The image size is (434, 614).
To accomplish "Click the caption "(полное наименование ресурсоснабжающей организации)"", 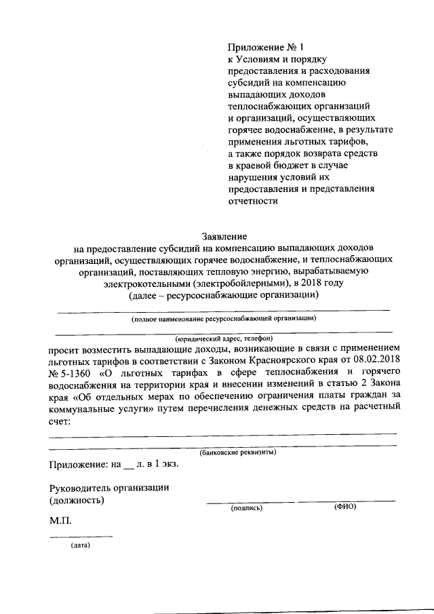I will pyautogui.click(x=224, y=318).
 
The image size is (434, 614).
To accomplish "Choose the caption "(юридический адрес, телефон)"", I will pyautogui.click(x=224, y=338).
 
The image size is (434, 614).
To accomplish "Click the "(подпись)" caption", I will pyautogui.click(x=246, y=507).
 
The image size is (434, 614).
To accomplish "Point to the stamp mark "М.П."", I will pyautogui.click(x=61, y=522).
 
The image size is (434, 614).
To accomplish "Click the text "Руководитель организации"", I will pyautogui.click(x=108, y=488).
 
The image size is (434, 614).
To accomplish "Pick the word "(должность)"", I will pyautogui.click(x=77, y=500).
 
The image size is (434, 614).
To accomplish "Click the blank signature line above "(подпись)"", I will pyautogui.click(x=250, y=501).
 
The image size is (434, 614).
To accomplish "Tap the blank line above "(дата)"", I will pyautogui.click(x=81, y=537).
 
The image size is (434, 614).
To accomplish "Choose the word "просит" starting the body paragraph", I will pyautogui.click(x=63, y=346).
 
